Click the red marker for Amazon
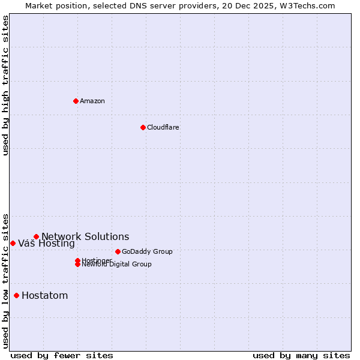pyautogui.click(x=76, y=101)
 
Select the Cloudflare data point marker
pyautogui.click(x=143, y=127)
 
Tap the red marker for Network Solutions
pyautogui.click(x=36, y=236)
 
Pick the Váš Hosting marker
pyautogui.click(x=13, y=243)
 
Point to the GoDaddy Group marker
pyautogui.click(x=118, y=251)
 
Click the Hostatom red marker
pyautogui.click(x=16, y=295)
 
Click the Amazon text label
pyautogui.click(x=92, y=101)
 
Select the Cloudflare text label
pyautogui.click(x=163, y=127)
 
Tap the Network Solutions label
pyautogui.click(x=85, y=236)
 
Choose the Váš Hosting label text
pyautogui.click(x=46, y=244)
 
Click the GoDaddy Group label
pyautogui.click(x=147, y=251)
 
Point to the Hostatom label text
pyautogui.click(x=45, y=295)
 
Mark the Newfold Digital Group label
pyautogui.click(x=117, y=265)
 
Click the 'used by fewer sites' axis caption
pyautogui.click(x=62, y=355)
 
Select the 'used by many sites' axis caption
pyautogui.click(x=301, y=355)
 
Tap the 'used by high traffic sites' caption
pyautogui.click(x=6, y=85)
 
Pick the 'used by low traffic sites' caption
pyautogui.click(x=6, y=281)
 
